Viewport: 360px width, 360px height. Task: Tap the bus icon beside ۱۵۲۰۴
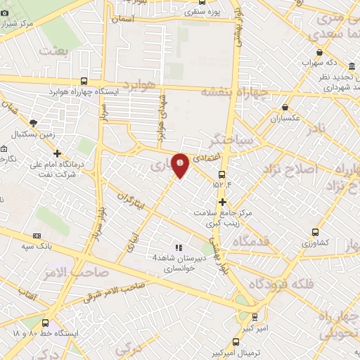point(222,174)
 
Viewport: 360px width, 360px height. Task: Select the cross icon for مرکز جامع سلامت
point(222,202)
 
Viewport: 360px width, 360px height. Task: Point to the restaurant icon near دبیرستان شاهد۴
point(179,247)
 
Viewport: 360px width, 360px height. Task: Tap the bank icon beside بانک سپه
point(37,236)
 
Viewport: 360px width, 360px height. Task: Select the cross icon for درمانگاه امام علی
point(57,153)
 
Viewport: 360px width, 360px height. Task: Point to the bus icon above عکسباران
point(285,107)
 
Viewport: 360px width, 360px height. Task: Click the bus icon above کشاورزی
point(316,231)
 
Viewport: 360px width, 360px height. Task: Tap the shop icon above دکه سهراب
point(320,52)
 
